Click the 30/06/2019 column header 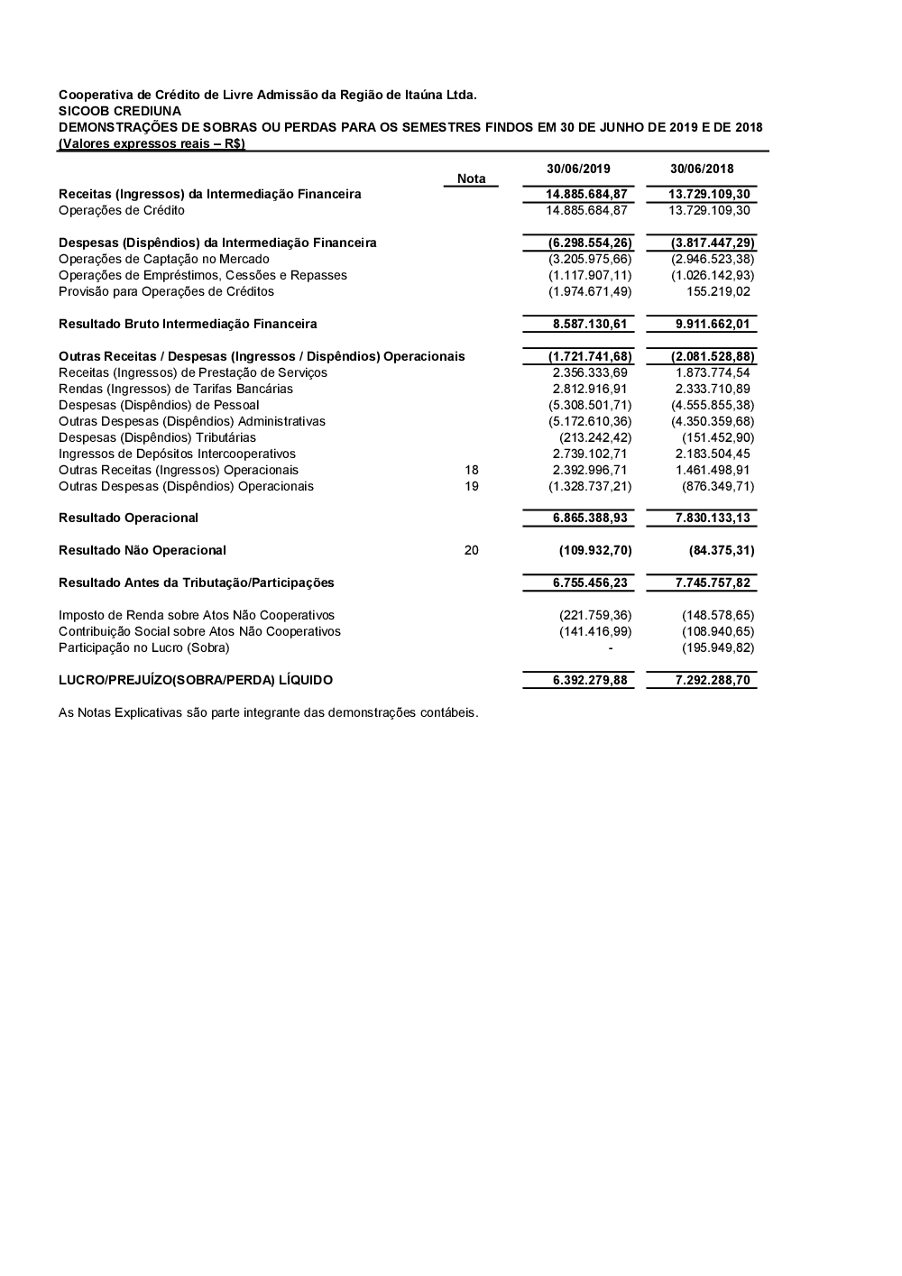point(578,169)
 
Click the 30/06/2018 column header point(702,169)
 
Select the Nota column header point(471,179)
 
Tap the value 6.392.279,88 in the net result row point(590,680)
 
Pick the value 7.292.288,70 point(713,680)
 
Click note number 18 point(471,470)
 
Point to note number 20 point(471,550)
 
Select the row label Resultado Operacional point(128,518)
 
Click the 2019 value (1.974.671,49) point(590,291)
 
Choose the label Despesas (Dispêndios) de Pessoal point(159,405)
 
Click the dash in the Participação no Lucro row point(611,647)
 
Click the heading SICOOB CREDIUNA point(120,111)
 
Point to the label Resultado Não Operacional point(143,550)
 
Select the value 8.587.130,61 point(590,324)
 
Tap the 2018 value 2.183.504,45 point(713,454)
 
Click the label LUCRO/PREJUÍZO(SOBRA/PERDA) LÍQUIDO point(196,680)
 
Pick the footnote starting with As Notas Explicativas point(268,712)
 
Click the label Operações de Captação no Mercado point(151,259)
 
